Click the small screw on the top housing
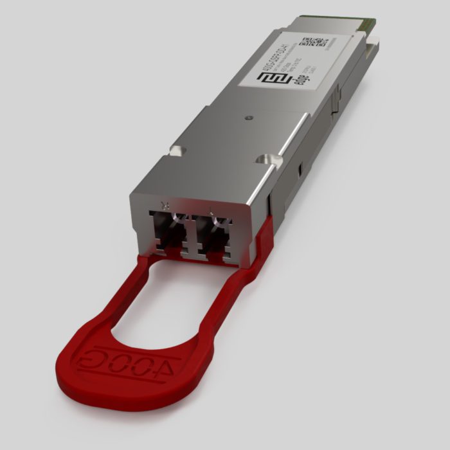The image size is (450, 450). tap(248, 118)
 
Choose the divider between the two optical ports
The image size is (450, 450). tap(191, 235)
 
